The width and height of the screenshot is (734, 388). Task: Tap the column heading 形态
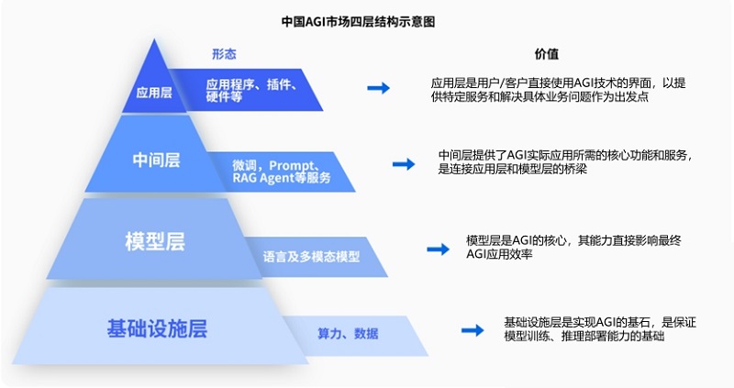coord(224,54)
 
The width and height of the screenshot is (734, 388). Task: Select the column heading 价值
coord(547,54)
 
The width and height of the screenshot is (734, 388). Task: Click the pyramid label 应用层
coord(150,92)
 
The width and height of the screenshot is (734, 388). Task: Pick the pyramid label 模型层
coord(154,242)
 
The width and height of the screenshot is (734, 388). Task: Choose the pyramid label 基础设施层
coord(156,327)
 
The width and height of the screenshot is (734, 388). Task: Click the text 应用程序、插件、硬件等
coord(250,89)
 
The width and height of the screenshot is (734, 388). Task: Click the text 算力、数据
coord(348,333)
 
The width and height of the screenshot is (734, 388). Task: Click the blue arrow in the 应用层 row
coord(378,88)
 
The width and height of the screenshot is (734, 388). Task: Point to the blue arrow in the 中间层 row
coord(403,163)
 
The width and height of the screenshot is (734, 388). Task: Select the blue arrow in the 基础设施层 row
coord(472,330)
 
